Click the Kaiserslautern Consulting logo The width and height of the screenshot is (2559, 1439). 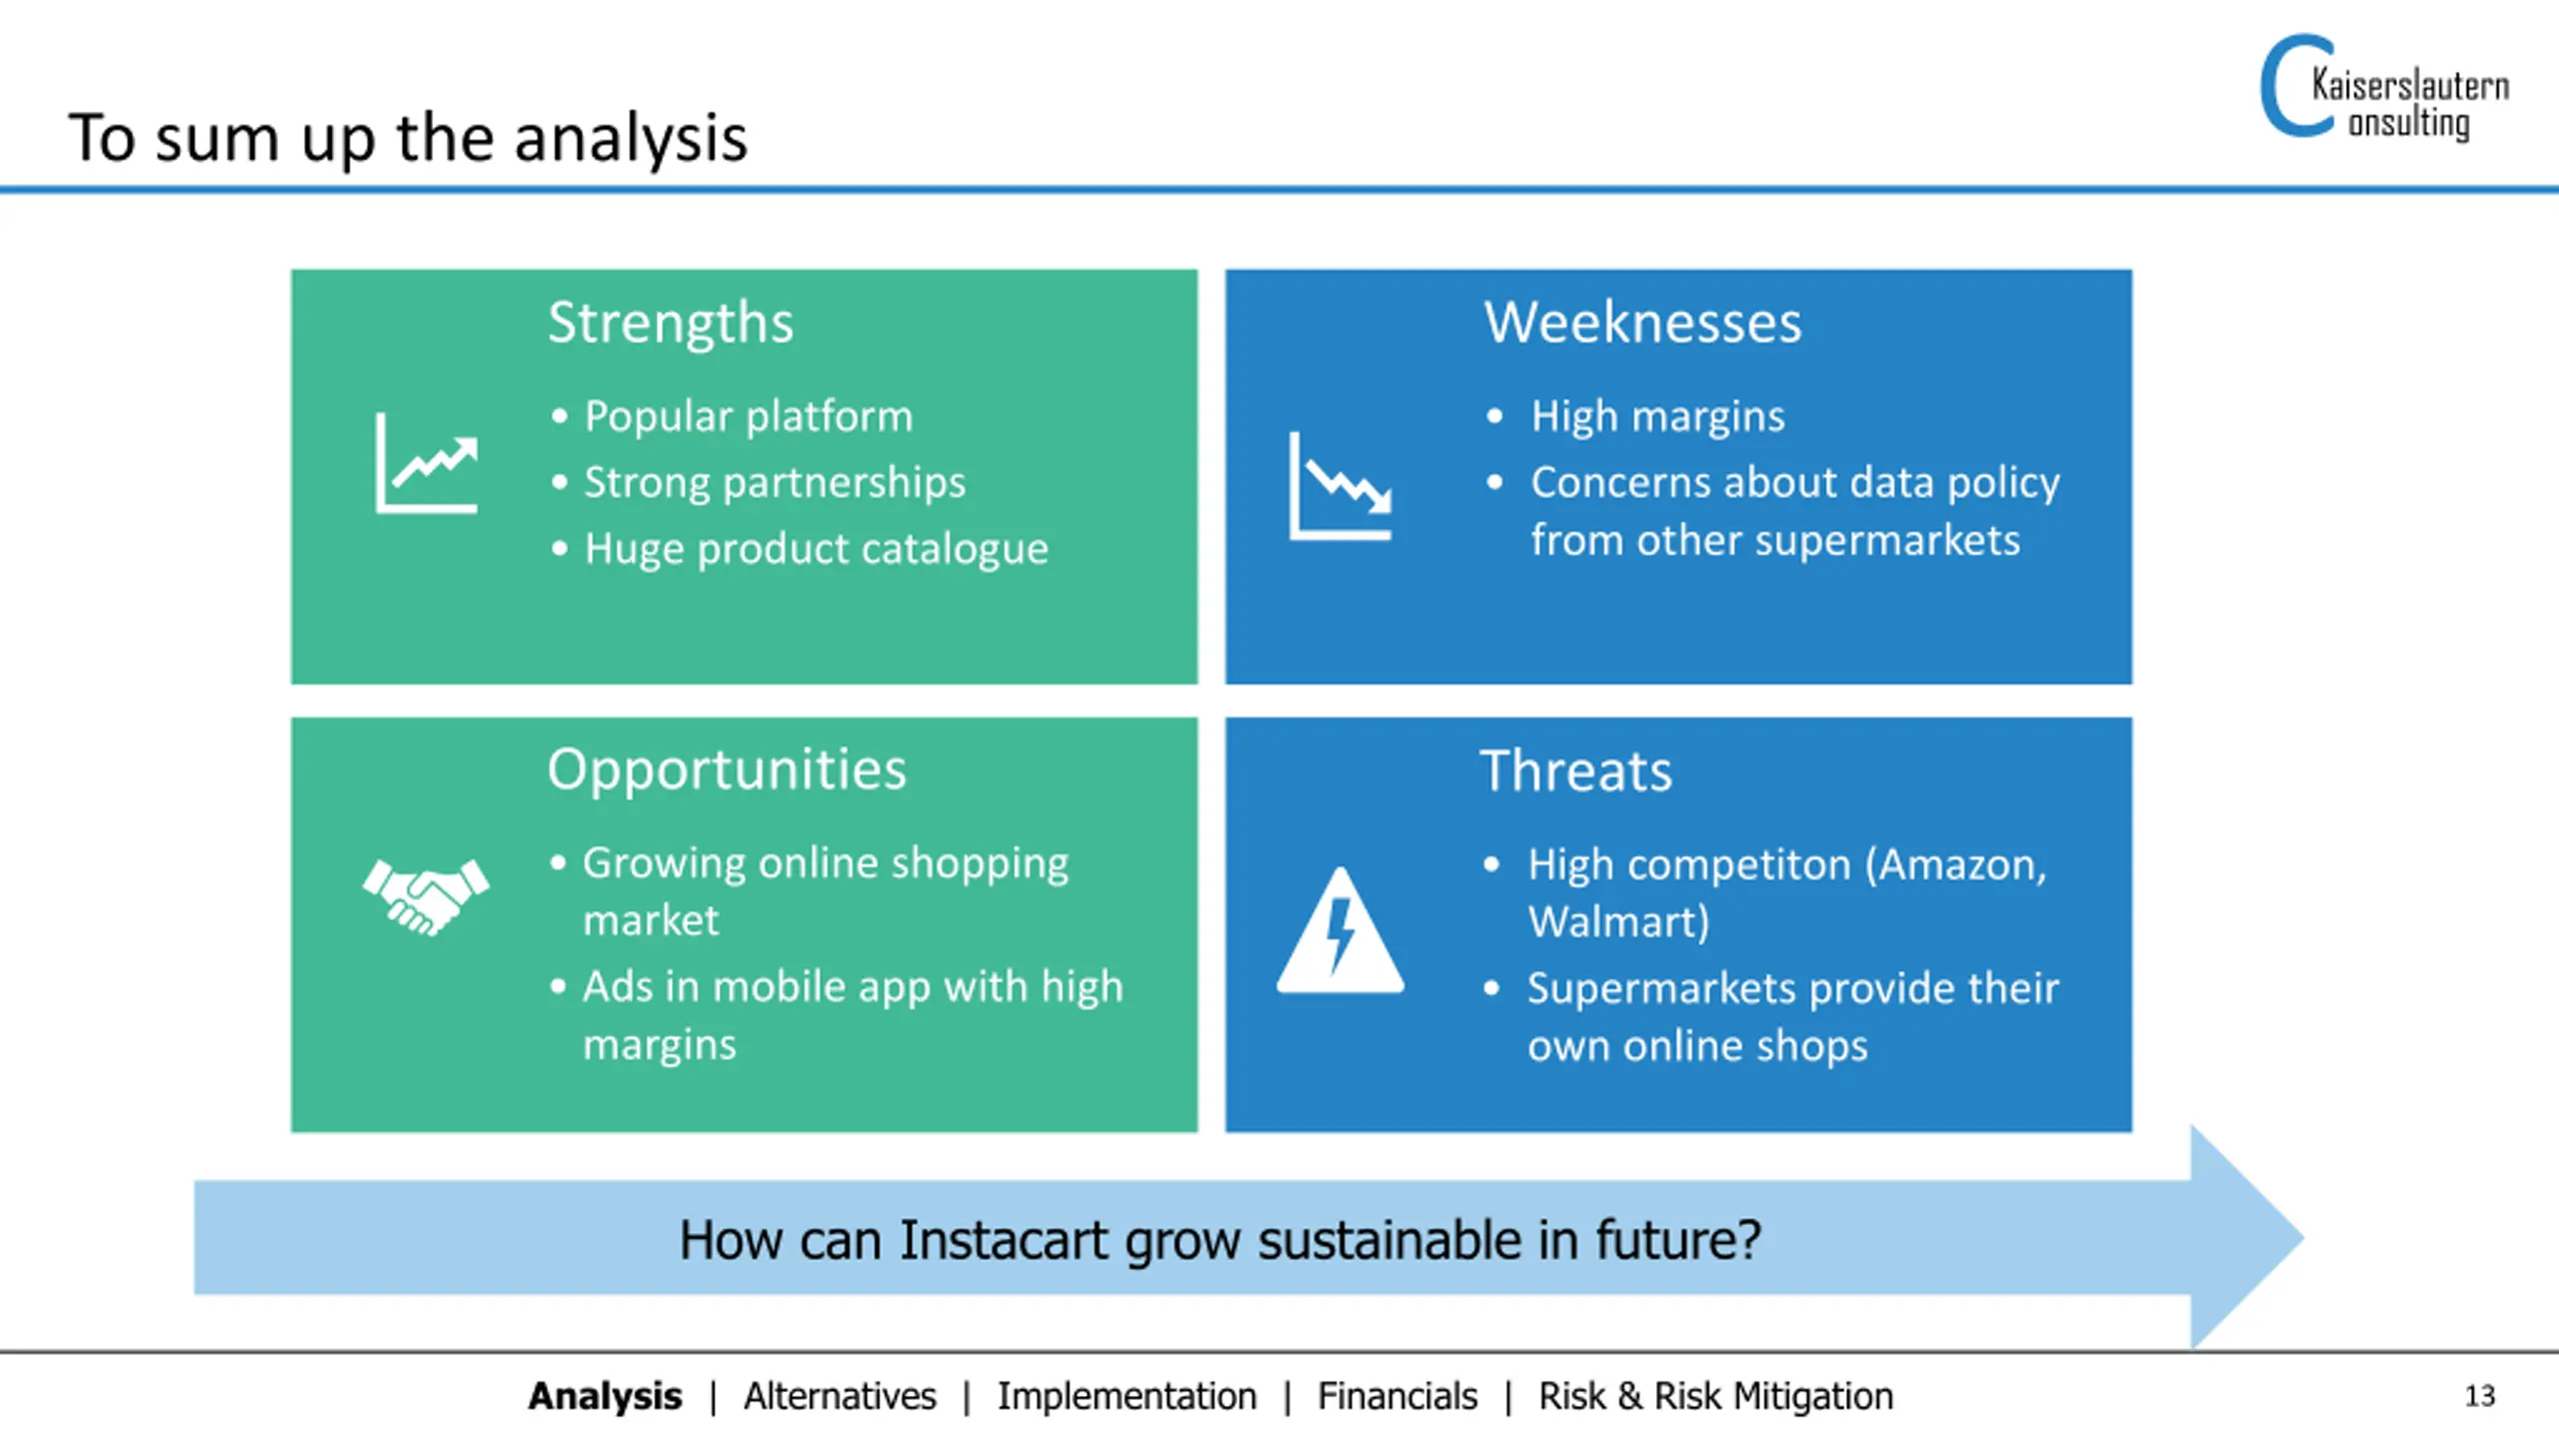pyautogui.click(x=2384, y=89)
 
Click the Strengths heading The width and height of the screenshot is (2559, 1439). pyautogui.click(x=671, y=323)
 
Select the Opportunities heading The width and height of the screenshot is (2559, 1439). pyautogui.click(x=727, y=771)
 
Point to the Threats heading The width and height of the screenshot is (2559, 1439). pyautogui.click(x=1576, y=771)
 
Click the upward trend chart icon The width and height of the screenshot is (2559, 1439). pyautogui.click(x=427, y=463)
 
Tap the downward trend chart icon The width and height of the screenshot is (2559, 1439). pyautogui.click(x=1340, y=486)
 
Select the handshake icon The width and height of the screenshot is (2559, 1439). pyautogui.click(x=426, y=896)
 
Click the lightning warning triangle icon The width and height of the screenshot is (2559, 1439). pyautogui.click(x=1340, y=930)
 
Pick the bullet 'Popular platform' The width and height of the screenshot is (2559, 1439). pyautogui.click(x=749, y=417)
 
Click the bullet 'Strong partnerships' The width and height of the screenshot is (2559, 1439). pyautogui.click(x=775, y=483)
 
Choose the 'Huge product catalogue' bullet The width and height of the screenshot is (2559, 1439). pyautogui.click(x=816, y=549)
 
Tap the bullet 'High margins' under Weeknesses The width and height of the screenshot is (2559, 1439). pyautogui.click(x=1657, y=417)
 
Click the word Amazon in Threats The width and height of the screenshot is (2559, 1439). pyautogui.click(x=1961, y=865)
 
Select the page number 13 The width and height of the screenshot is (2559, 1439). pyautogui.click(x=2480, y=1396)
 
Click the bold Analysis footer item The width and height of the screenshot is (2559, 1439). pyautogui.click(x=605, y=1396)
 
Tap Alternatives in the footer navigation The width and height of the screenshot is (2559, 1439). pyautogui.click(x=840, y=1396)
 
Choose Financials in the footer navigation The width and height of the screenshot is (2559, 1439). pyautogui.click(x=1396, y=1396)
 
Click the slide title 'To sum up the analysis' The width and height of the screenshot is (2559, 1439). pyautogui.click(x=408, y=139)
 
